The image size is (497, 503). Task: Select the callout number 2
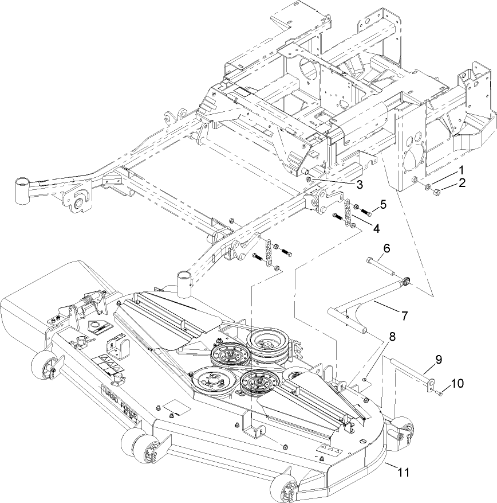(462, 184)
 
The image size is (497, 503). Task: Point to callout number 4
(376, 228)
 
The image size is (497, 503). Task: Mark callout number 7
(404, 315)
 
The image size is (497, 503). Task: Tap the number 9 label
(439, 360)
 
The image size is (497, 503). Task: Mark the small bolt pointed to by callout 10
(438, 393)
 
